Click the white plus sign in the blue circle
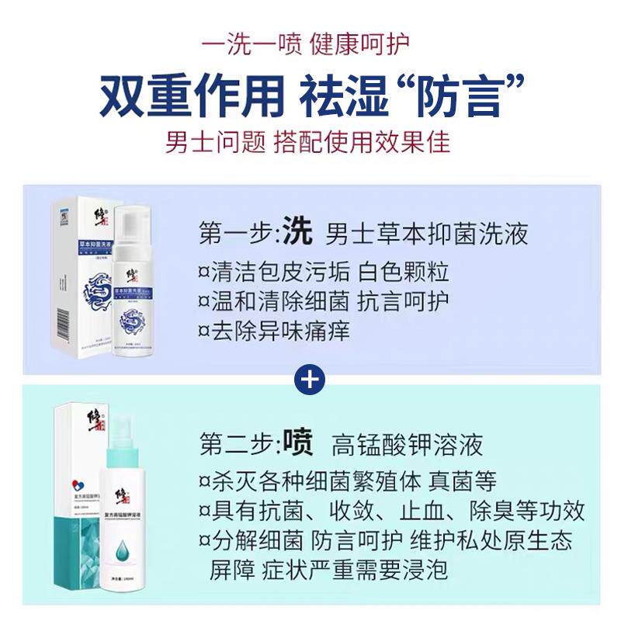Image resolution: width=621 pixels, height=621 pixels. pyautogui.click(x=310, y=380)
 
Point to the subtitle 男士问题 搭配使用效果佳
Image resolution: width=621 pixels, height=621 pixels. pyautogui.click(x=308, y=142)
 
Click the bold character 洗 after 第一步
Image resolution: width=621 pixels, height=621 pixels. pyautogui.click(x=297, y=231)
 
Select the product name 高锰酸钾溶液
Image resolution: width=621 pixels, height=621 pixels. pyautogui.click(x=407, y=446)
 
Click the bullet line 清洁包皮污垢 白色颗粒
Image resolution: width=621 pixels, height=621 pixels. pyautogui.click(x=324, y=272)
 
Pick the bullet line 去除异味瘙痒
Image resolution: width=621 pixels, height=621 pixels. pyautogui.click(x=274, y=331)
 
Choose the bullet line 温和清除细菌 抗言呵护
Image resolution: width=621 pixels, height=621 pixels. pyautogui.click(x=324, y=302)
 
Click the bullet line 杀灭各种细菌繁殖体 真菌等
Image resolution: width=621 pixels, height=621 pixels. pyautogui.click(x=347, y=481)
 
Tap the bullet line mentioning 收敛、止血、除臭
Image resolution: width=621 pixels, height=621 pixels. pyautogui.click(x=391, y=511)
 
